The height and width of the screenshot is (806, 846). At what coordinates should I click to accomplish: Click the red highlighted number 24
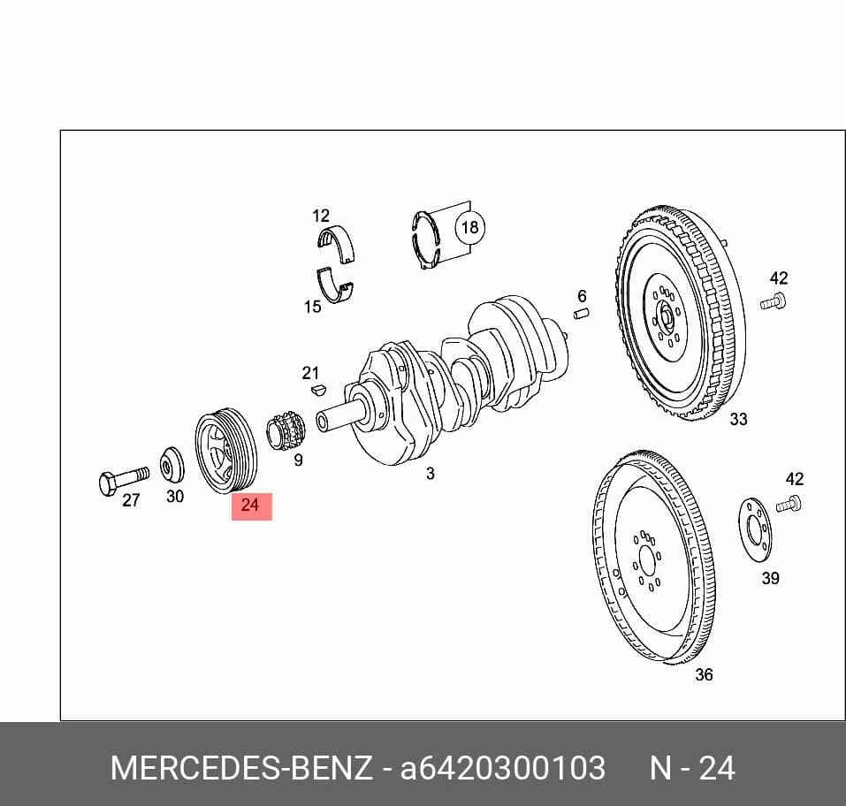pos(251,506)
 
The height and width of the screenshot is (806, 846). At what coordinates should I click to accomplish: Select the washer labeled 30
pos(172,465)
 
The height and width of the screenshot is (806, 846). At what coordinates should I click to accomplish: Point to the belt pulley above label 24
pos(226,452)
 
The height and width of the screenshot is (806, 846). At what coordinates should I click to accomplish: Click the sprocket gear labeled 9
pos(286,430)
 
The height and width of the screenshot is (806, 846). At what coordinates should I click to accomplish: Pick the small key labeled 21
pos(318,389)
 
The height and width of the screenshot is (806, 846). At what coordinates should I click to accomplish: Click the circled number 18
pos(470,227)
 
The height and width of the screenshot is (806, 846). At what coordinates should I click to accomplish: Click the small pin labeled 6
pos(581,314)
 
